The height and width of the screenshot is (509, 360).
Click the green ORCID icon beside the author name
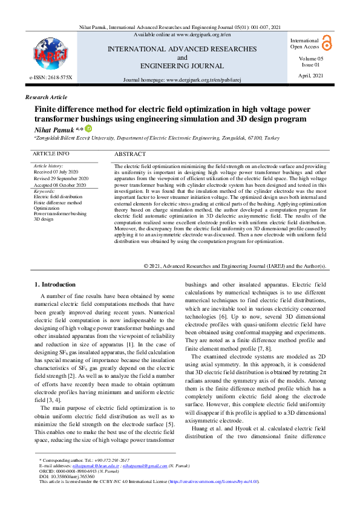tap(88, 129)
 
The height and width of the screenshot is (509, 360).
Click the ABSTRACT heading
tap(130, 155)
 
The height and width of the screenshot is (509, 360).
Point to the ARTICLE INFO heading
tap(51, 154)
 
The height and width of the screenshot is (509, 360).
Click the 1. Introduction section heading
tap(54, 284)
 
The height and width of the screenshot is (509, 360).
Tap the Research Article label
tap(46, 97)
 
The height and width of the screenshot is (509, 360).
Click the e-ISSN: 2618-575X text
tap(51, 79)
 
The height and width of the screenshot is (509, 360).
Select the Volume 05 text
tap(311, 59)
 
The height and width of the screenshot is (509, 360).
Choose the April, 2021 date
tap(311, 75)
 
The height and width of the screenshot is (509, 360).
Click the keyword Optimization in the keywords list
tap(47, 208)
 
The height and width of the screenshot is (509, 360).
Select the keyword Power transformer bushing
tap(60, 213)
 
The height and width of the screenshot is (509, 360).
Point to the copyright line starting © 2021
tap(235, 266)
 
